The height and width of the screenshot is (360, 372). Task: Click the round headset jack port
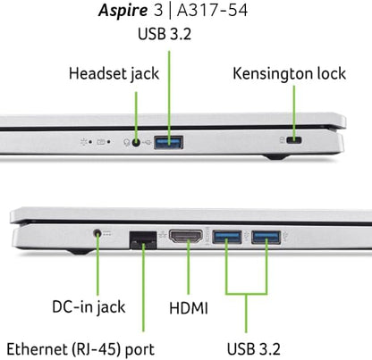pyautogui.click(x=137, y=141)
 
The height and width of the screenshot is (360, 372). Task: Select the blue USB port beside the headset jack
pyautogui.click(x=167, y=141)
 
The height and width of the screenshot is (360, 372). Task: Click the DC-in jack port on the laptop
pyautogui.click(x=98, y=236)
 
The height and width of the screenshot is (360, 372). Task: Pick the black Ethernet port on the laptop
pyautogui.click(x=140, y=239)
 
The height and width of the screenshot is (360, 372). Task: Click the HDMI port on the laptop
pyautogui.click(x=188, y=238)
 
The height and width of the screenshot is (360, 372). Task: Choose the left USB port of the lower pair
pyautogui.click(x=226, y=237)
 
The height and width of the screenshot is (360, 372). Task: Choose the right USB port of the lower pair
pyautogui.click(x=265, y=237)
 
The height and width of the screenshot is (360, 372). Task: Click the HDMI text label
pyautogui.click(x=188, y=308)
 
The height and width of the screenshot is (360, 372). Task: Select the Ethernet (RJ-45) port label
pyautogui.click(x=80, y=347)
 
